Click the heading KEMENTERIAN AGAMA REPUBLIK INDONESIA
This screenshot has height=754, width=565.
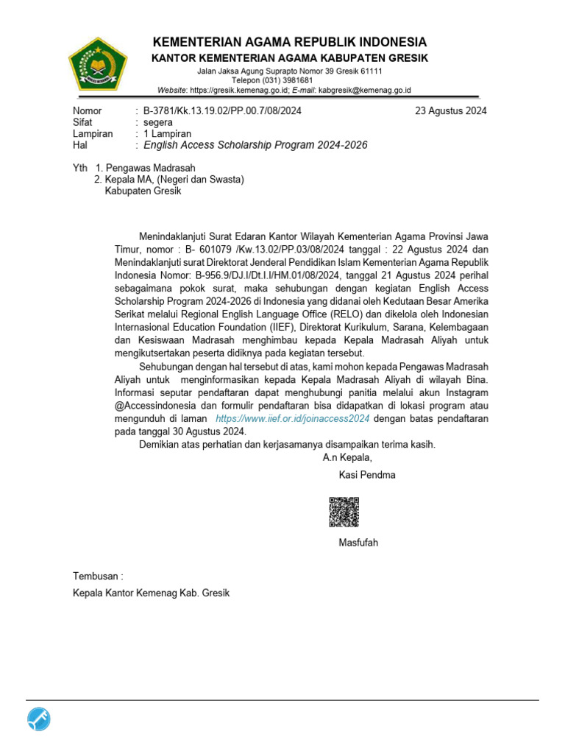click(x=289, y=42)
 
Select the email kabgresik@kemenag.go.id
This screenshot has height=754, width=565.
click(x=364, y=90)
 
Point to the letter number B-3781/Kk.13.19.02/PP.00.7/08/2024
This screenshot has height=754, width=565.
click(x=222, y=111)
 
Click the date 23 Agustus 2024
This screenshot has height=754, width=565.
click(x=450, y=111)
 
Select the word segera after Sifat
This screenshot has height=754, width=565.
click(x=158, y=122)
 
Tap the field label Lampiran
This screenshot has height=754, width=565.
click(x=93, y=133)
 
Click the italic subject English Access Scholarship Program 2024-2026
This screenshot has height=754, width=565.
click(x=255, y=145)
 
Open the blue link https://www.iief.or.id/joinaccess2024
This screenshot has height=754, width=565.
click(x=292, y=418)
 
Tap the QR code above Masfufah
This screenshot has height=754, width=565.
click(x=344, y=512)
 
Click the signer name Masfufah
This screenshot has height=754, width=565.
click(x=358, y=543)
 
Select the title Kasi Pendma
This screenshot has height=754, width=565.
click(x=367, y=475)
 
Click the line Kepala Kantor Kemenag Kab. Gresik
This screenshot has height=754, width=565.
click(x=151, y=593)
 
